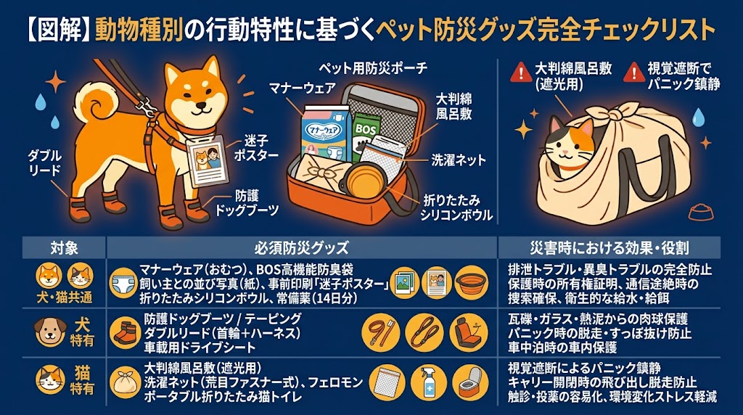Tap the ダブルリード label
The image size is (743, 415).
[45, 163]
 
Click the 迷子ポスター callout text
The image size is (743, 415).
[256, 148]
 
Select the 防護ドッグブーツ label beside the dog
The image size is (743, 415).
[247, 203]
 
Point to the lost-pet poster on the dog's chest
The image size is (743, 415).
[206, 161]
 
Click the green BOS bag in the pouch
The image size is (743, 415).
[366, 135]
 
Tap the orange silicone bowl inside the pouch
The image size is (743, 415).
[364, 179]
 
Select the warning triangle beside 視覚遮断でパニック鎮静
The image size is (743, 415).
[633, 73]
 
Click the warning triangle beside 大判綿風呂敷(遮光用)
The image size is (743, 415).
[521, 73]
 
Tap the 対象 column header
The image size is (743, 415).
[65, 247]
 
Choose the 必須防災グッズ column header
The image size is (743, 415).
[302, 247]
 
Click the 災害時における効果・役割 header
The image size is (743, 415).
[609, 247]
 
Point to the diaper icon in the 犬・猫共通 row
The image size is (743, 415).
[124, 283]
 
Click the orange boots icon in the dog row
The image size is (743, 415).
[125, 333]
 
